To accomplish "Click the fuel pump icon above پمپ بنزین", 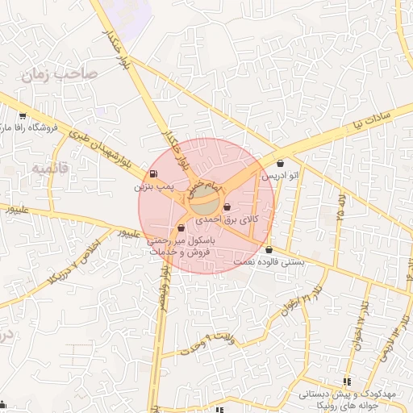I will [x=153, y=174].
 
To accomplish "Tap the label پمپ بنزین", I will [x=153, y=186].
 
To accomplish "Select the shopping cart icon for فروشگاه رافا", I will [x=22, y=116].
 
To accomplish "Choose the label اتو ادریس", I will [x=287, y=174].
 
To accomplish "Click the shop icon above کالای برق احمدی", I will [x=227, y=207].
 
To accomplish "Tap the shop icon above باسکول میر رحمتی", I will [x=181, y=228].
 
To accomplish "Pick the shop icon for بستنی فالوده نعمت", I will [x=268, y=250].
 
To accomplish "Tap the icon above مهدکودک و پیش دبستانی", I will [x=347, y=382].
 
